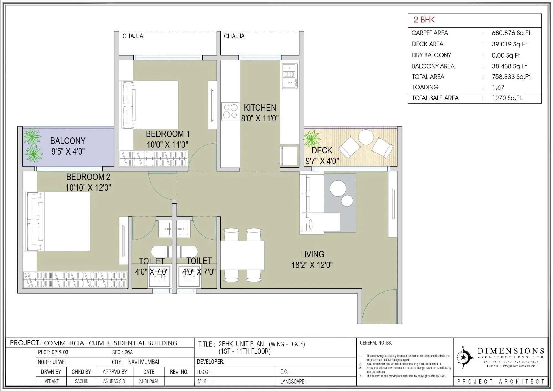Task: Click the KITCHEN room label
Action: click(x=260, y=108)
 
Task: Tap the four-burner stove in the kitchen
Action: click(x=230, y=111)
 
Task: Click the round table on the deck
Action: click(x=366, y=137)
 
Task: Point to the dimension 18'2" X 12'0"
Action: click(x=312, y=265)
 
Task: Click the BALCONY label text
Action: click(x=68, y=141)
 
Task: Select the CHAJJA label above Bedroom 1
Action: click(x=133, y=36)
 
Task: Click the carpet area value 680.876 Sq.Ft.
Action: click(x=512, y=33)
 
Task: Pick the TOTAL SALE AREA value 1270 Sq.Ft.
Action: click(x=507, y=98)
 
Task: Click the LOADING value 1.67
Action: click(x=498, y=87)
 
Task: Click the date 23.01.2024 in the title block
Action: click(x=148, y=381)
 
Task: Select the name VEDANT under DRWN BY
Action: click(x=51, y=381)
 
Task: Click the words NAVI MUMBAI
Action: click(x=144, y=362)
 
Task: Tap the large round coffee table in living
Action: click(x=338, y=188)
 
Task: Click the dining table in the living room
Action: click(x=242, y=255)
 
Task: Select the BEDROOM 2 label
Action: click(x=88, y=177)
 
